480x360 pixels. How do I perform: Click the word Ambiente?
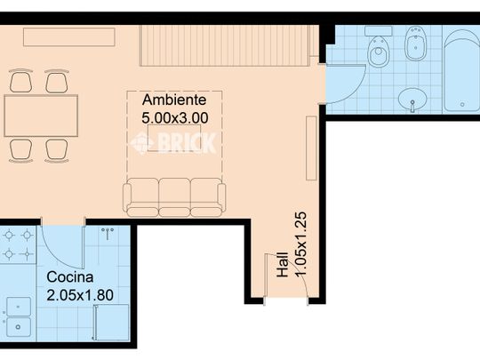click(x=174, y=100)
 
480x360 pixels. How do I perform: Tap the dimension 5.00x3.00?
click(x=175, y=118)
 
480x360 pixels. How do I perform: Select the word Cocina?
click(x=70, y=277)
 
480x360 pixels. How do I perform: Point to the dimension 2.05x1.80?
click(x=80, y=295)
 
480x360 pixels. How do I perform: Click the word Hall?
click(x=283, y=265)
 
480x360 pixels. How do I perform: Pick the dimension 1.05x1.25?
click(x=300, y=244)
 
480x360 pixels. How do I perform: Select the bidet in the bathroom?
click(x=416, y=44)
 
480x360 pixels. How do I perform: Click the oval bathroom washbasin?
click(x=412, y=100)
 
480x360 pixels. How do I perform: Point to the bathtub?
click(x=462, y=70)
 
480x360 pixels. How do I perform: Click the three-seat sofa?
click(x=174, y=197)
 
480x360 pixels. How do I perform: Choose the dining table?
click(x=41, y=116)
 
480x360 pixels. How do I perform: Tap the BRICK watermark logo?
click(x=173, y=142)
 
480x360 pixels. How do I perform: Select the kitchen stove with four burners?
click(x=18, y=245)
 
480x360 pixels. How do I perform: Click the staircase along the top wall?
click(x=224, y=45)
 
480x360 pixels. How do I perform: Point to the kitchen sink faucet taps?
click(x=108, y=233)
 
